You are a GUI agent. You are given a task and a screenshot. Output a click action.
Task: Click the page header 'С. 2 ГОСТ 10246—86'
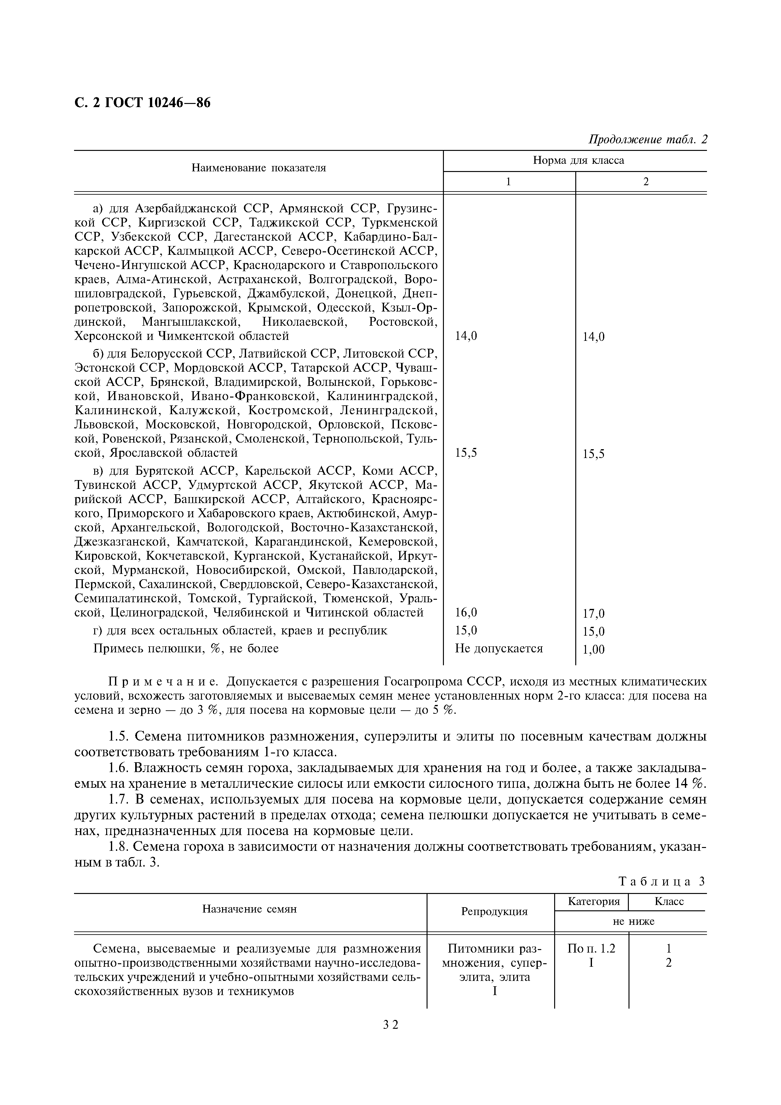pos(142,103)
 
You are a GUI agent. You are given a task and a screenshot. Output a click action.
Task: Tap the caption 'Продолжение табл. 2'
pos(648,140)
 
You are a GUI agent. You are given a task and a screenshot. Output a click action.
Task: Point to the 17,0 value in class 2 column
pos(593,614)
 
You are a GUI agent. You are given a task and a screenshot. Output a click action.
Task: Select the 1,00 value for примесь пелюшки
pos(593,650)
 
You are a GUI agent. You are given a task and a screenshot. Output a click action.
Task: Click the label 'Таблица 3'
pos(661,881)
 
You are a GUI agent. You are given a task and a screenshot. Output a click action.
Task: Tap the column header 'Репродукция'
pos(494,912)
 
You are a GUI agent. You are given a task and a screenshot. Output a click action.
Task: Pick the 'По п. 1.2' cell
pos(591,948)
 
